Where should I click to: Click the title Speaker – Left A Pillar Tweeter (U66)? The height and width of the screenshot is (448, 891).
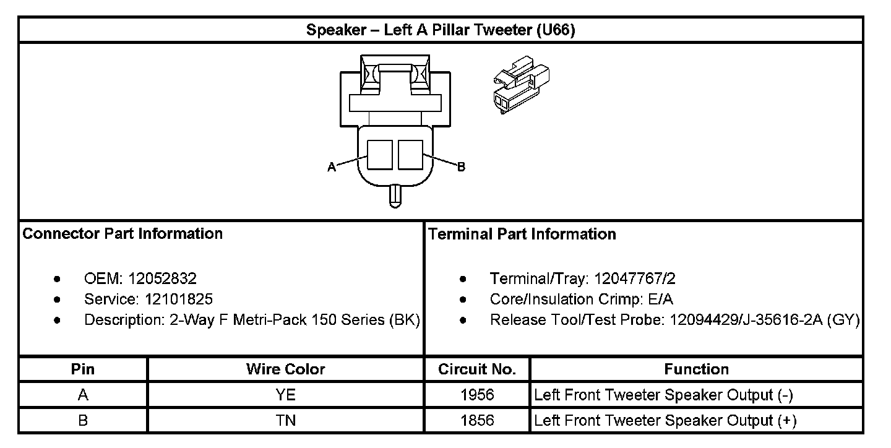coord(441,30)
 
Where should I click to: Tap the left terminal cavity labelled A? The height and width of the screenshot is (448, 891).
coord(380,154)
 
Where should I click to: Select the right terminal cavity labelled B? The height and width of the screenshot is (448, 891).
coord(410,154)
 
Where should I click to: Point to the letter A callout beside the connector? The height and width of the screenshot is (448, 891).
coord(332,167)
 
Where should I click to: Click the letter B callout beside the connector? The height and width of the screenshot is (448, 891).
coord(461,167)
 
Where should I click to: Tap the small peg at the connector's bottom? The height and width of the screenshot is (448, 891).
coord(395,197)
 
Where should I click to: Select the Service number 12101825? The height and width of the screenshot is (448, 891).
coord(179,299)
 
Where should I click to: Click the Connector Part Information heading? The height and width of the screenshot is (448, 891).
coord(123,234)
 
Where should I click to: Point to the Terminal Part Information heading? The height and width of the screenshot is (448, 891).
coord(522,234)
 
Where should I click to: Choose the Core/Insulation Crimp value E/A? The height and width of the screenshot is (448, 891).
coord(660,299)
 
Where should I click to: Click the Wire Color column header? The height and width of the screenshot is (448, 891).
coord(285,369)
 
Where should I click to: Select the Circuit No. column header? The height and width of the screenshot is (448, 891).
coord(477,369)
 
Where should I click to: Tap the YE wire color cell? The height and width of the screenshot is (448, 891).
coord(285,395)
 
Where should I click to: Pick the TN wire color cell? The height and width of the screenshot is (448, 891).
coord(285,421)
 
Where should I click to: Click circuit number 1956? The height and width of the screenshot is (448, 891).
coord(477,395)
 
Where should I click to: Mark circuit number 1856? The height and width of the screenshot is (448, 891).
coord(477,421)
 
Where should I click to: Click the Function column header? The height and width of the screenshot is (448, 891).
coord(696,369)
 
